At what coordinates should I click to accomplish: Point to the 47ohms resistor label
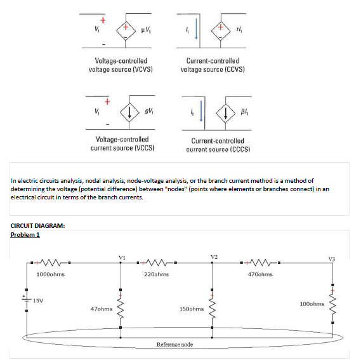pyautogui.click(x=102, y=309)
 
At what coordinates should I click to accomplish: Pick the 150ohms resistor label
pyautogui.click(x=191, y=309)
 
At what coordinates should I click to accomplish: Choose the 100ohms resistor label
pyautogui.click(x=312, y=303)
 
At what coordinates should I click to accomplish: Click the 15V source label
pyautogui.click(x=39, y=300)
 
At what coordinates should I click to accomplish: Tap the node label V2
pyautogui.click(x=214, y=257)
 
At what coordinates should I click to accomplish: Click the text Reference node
pyautogui.click(x=174, y=343)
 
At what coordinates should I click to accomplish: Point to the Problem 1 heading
pyautogui.click(x=25, y=235)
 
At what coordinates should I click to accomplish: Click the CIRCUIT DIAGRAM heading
pyautogui.click(x=39, y=225)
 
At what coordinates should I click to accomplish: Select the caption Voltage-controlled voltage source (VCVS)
pyautogui.click(x=121, y=65)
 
